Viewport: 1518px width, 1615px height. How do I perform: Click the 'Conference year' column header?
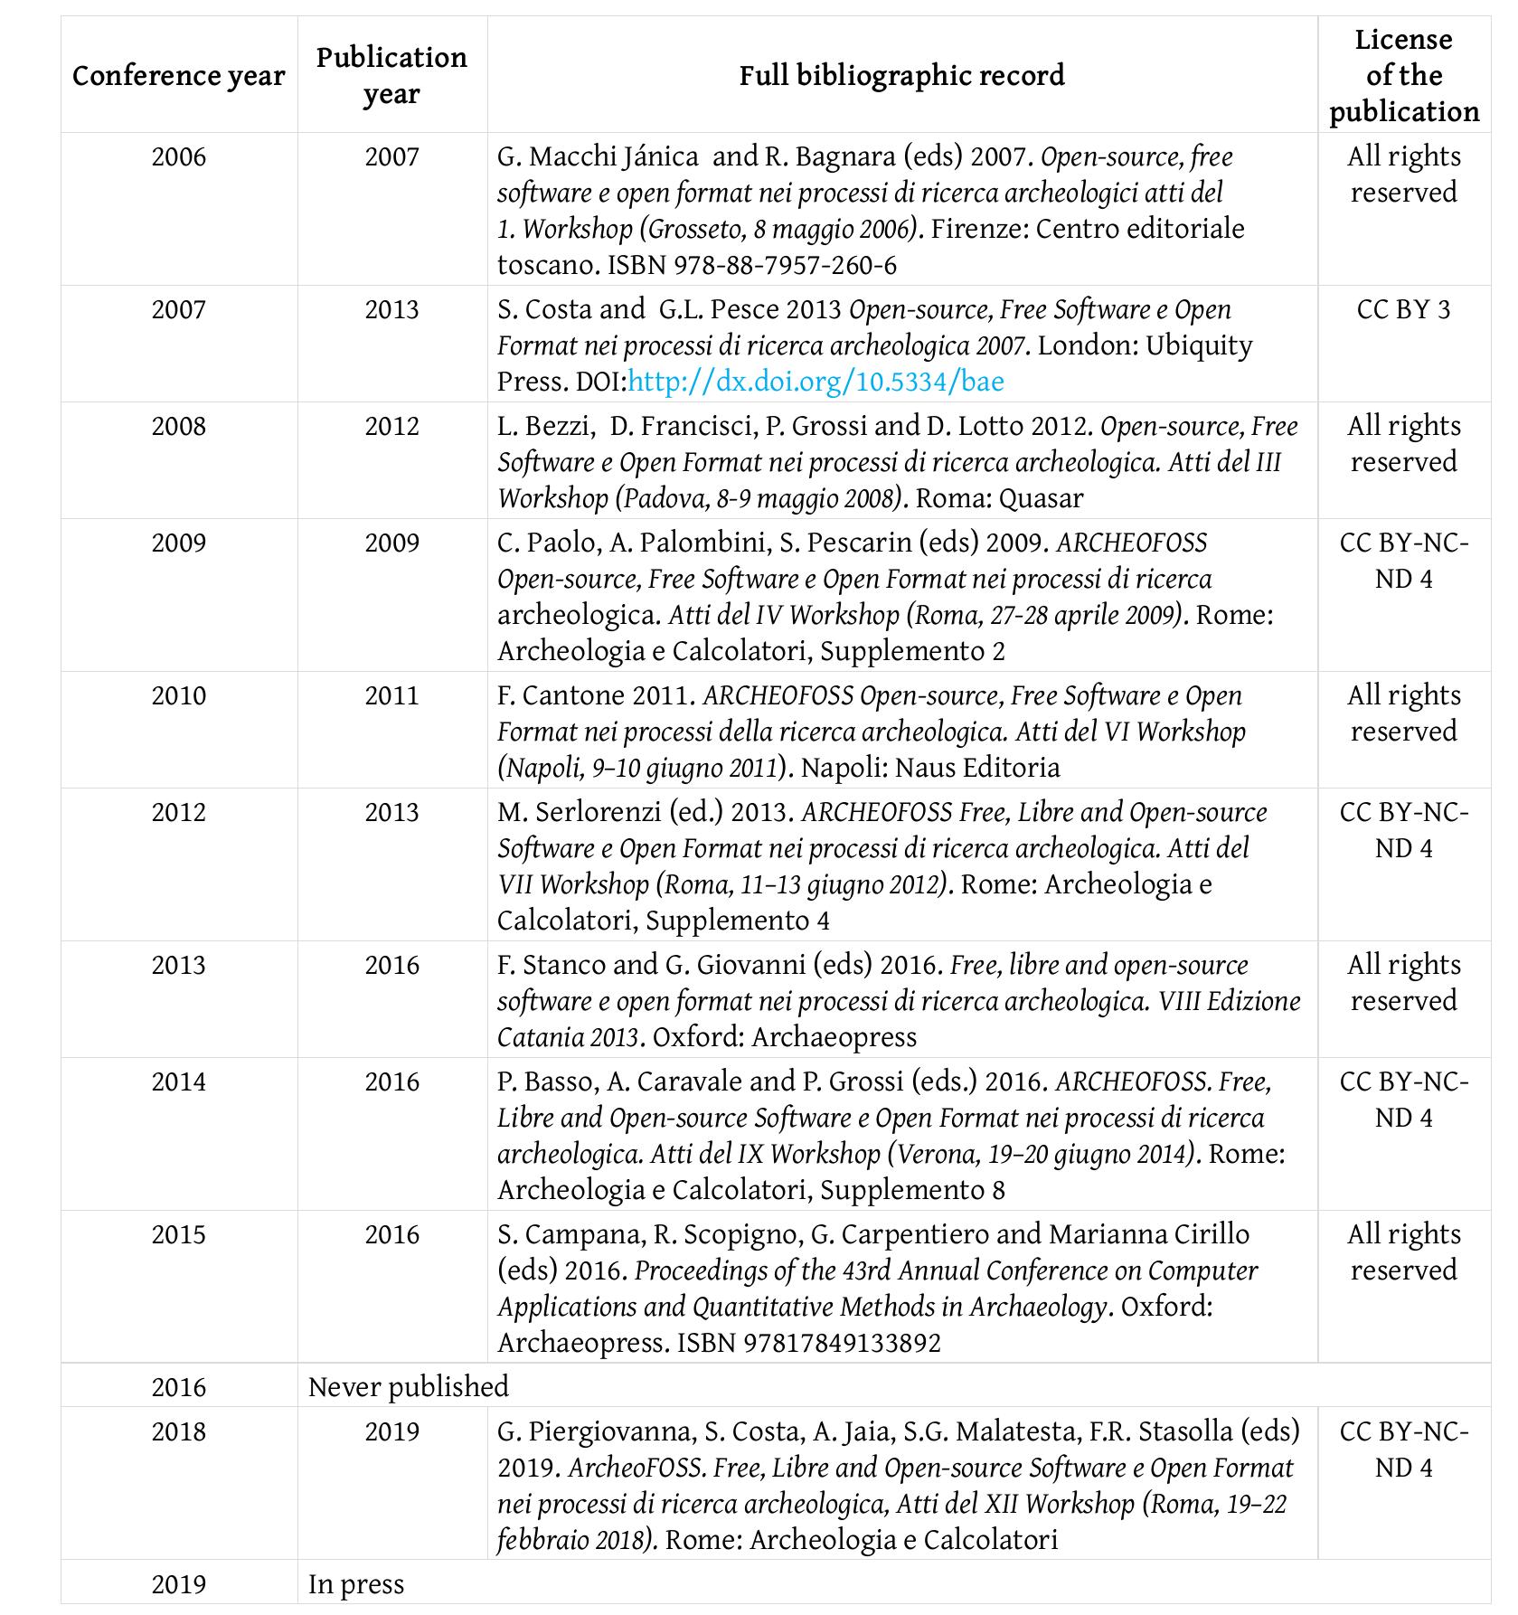[178, 76]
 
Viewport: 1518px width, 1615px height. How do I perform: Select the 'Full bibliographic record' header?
[901, 75]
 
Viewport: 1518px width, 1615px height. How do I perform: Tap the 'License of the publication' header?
[1403, 76]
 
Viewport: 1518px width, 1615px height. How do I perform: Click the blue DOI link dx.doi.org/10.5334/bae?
[816, 382]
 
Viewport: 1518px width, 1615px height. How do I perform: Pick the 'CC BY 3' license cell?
[1403, 310]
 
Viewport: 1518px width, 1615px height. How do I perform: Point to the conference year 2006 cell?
[178, 157]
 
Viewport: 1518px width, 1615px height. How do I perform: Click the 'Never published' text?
[408, 1387]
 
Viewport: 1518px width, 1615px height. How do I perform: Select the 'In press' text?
[355, 1584]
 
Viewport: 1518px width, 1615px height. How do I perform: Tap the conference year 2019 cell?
[178, 1584]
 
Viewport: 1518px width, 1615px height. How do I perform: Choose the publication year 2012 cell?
[391, 427]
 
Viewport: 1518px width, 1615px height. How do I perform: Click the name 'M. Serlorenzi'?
[579, 813]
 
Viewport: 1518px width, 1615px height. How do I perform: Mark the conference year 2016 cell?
[178, 1387]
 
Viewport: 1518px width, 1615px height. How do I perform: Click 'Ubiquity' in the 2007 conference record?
[1199, 346]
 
